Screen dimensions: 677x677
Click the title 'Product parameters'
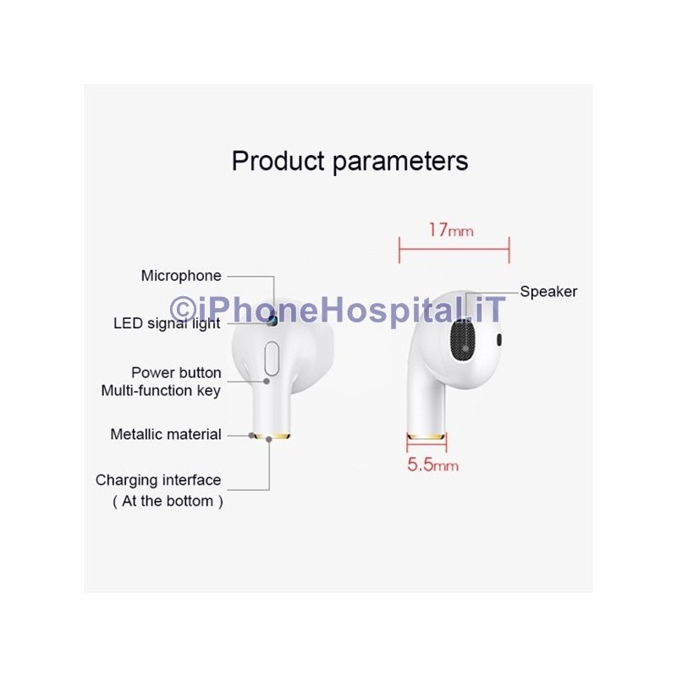(x=350, y=160)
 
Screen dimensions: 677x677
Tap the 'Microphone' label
(x=181, y=275)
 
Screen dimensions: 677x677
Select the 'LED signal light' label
(x=167, y=323)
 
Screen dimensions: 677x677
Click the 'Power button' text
(x=176, y=372)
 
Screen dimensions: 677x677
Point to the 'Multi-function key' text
(x=161, y=390)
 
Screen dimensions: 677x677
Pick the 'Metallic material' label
(x=166, y=434)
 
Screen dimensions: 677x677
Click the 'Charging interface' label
(x=158, y=480)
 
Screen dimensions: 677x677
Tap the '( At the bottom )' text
(x=168, y=500)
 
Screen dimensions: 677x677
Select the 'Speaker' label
(x=548, y=291)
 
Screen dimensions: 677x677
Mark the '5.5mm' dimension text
(x=433, y=465)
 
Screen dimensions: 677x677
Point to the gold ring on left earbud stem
(x=272, y=437)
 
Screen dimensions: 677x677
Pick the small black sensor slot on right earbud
(x=499, y=339)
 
